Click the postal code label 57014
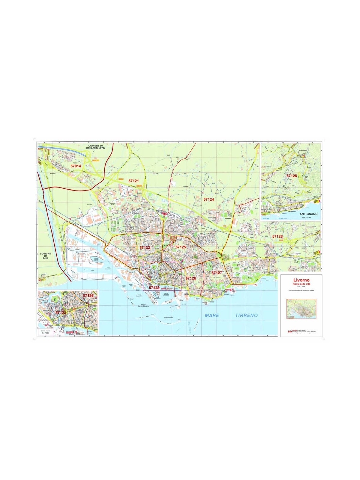point(76,166)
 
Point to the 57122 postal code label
point(145,247)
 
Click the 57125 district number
point(181,247)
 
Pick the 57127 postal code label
point(217,273)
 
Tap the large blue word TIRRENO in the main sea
point(246,315)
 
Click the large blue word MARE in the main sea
point(212,315)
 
